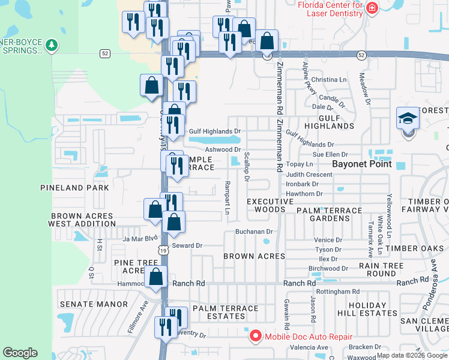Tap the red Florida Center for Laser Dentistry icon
(x=372, y=8)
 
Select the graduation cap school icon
(x=408, y=118)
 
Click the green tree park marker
(x=52, y=45)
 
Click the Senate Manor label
(x=94, y=304)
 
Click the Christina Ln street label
(x=329, y=79)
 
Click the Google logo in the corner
(x=20, y=353)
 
